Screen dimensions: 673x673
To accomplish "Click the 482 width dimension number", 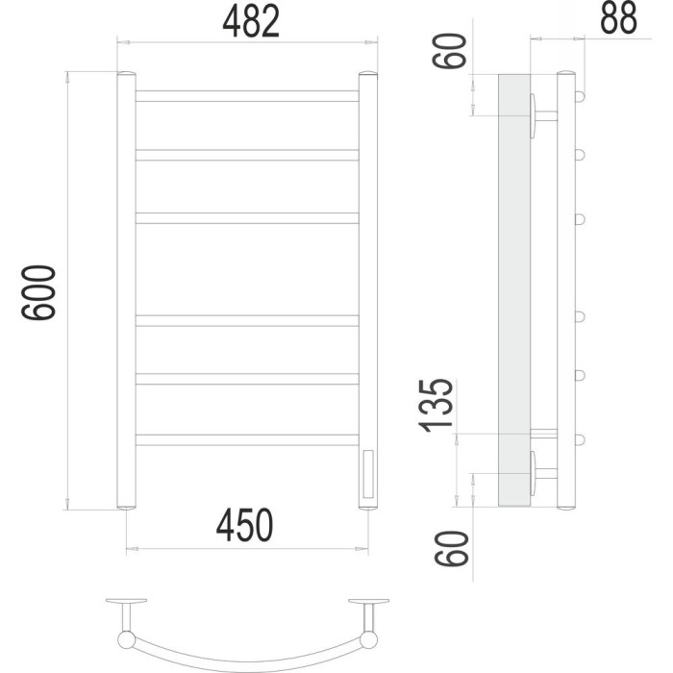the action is [x=251, y=21].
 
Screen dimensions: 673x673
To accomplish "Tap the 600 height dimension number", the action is [x=38, y=292].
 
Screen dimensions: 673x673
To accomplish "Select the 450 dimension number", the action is [x=244, y=525].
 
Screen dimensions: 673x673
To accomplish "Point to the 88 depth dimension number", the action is [x=618, y=18].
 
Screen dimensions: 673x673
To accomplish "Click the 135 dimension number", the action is [x=436, y=405].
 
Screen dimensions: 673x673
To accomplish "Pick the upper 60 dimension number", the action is [x=449, y=51].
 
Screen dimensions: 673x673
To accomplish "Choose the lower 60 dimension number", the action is [x=451, y=549].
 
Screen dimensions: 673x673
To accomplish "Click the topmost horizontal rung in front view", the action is [x=247, y=96].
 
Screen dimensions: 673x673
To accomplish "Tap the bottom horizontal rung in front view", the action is [x=247, y=440].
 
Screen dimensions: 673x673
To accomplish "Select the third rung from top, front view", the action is [x=247, y=218].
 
